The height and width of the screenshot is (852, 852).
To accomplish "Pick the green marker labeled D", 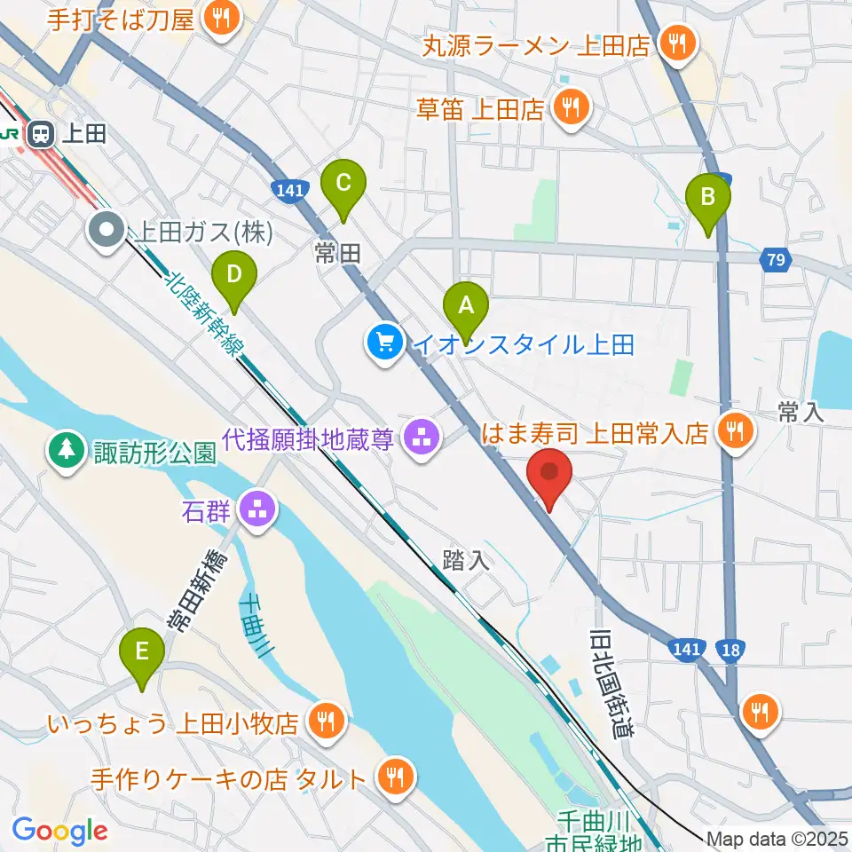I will pyautogui.click(x=233, y=275).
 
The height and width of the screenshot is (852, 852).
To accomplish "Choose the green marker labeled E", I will pyautogui.click(x=141, y=652).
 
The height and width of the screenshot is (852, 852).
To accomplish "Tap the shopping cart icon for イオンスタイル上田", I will pyautogui.click(x=385, y=342).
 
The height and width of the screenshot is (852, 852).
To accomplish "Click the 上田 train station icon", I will pyautogui.click(x=41, y=134).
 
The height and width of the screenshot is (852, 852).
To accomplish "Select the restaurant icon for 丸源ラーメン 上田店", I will pyautogui.click(x=677, y=43).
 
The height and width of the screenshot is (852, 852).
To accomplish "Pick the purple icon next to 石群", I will pyautogui.click(x=258, y=510).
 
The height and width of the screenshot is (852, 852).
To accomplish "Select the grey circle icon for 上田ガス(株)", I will pyautogui.click(x=107, y=232).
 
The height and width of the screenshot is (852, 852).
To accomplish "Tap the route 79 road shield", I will pyautogui.click(x=774, y=260).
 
